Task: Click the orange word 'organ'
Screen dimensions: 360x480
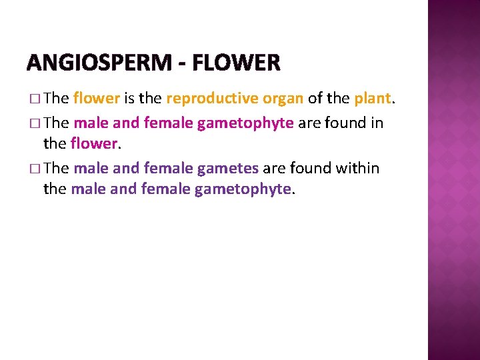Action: [283, 99]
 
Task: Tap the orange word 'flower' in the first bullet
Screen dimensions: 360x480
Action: [97, 99]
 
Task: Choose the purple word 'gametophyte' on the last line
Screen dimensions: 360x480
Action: [243, 189]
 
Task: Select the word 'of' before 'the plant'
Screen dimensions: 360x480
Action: [315, 99]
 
